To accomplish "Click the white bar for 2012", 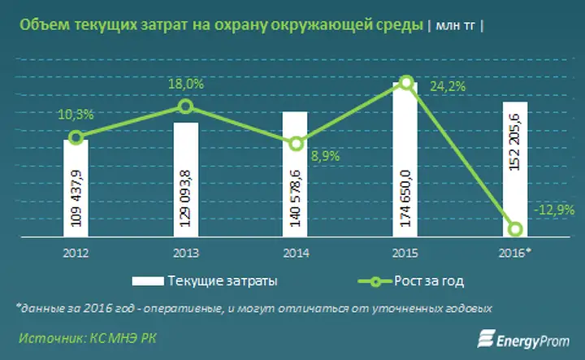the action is [76, 188].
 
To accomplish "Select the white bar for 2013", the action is [186, 180].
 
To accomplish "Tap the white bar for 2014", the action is [295, 174].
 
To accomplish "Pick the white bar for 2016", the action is [515, 169].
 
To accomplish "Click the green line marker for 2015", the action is [406, 83].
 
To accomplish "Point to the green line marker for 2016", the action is [515, 229].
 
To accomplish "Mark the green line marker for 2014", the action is [297, 144].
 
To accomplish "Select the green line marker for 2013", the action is [186, 106].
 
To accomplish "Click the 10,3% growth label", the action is [76, 115].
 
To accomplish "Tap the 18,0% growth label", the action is [186, 84].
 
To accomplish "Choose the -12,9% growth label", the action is [554, 210].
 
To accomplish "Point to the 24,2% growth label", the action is [448, 87].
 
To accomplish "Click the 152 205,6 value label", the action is [515, 142].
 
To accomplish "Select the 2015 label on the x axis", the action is [405, 254].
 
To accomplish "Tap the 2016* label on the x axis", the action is [515, 253].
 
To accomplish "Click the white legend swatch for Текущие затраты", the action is [148, 281].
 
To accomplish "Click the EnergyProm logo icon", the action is [486, 338].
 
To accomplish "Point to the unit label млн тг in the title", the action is [456, 26].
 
